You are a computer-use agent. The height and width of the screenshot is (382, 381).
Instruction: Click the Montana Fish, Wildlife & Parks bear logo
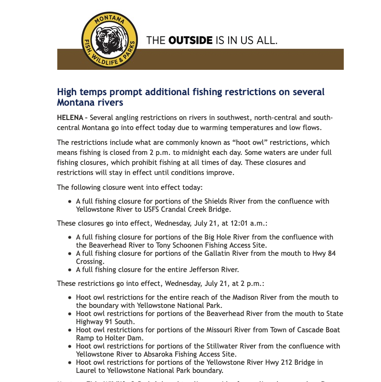pyautogui.click(x=109, y=40)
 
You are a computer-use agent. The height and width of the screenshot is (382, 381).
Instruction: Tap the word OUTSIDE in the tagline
pyautogui.click(x=190, y=40)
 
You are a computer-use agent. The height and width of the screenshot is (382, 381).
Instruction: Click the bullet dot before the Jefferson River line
pyautogui.click(x=71, y=270)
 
